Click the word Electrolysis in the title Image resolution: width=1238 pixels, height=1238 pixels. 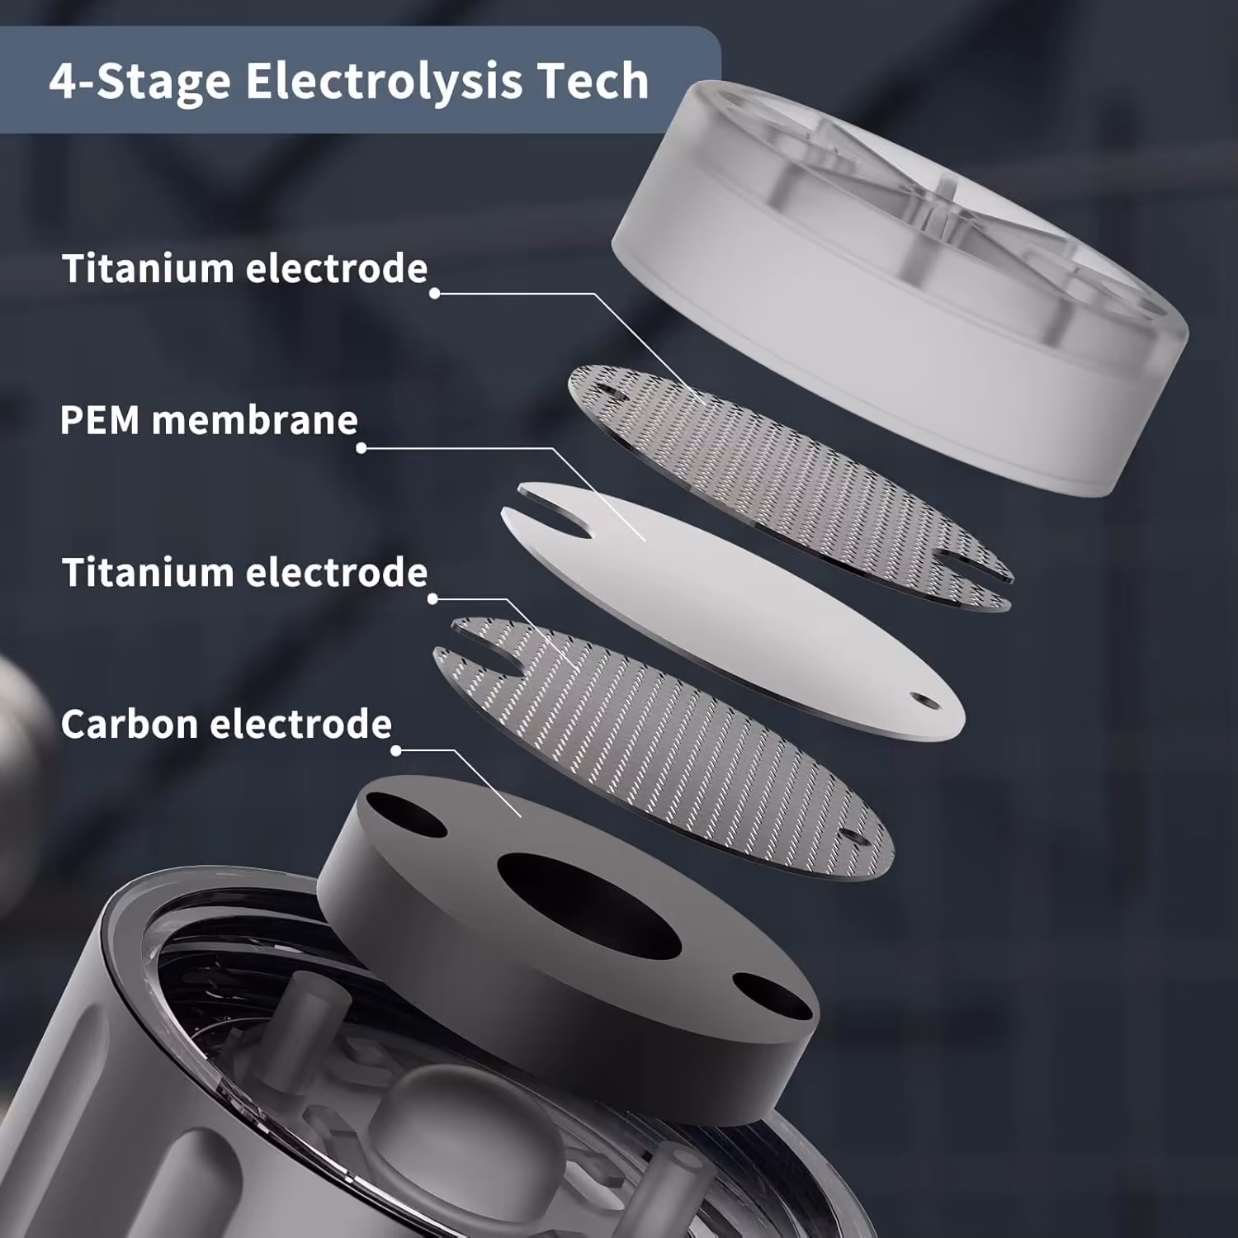385,82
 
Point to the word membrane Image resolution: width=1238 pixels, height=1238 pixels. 255,420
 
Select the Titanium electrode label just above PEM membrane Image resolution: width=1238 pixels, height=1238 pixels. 245,269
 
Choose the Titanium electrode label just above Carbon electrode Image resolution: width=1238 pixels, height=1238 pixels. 245,573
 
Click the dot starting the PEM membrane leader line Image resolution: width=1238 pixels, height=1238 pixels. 361,448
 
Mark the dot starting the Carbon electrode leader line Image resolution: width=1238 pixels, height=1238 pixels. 396,750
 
